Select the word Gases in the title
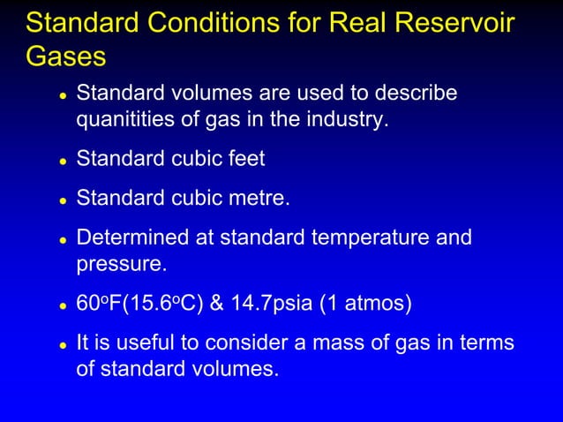tap(66, 56)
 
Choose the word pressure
tap(117, 263)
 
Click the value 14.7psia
tap(276, 305)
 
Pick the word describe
tap(419, 94)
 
